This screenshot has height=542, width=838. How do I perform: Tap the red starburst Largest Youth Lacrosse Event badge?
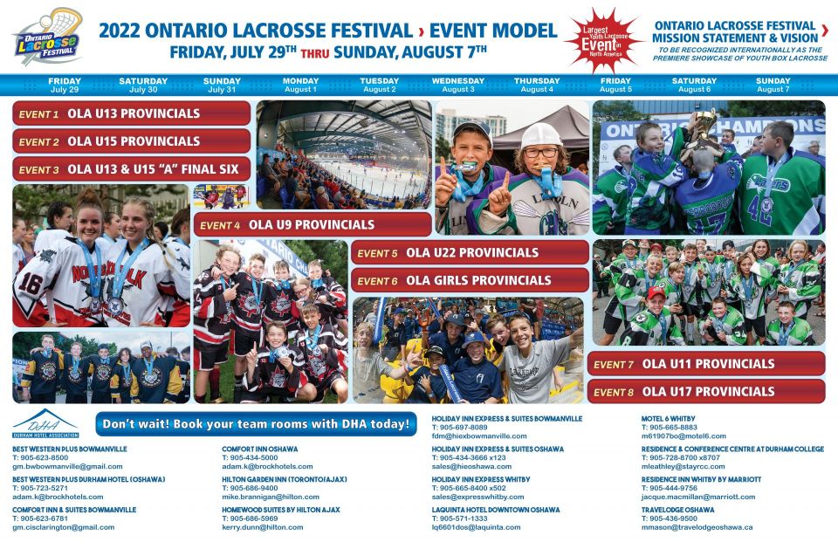603,38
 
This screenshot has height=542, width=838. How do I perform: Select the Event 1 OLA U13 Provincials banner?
132,113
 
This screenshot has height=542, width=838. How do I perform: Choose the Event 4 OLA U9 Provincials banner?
313,224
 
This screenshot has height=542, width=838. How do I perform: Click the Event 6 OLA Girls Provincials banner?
471,280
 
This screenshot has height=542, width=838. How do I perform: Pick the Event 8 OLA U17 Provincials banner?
705,392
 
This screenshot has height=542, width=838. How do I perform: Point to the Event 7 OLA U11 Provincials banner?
705,364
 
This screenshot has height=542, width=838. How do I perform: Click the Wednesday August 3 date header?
458,85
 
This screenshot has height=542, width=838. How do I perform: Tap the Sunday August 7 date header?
773,85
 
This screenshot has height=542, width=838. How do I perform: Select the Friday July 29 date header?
65,85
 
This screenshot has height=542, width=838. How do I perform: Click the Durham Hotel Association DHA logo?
45,423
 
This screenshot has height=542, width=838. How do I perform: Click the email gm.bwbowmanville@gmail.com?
67,467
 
